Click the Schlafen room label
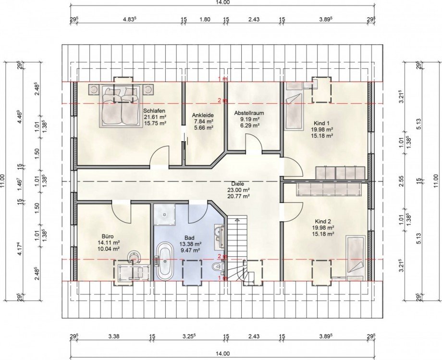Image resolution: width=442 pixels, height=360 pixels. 154,110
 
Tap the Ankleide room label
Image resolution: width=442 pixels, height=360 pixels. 203,115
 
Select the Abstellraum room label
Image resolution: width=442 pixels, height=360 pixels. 249,113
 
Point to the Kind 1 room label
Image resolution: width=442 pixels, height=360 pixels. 321,123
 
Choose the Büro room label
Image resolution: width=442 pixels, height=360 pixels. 108,236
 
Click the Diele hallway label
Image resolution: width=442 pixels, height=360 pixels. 238,184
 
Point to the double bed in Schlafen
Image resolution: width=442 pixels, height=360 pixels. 121,106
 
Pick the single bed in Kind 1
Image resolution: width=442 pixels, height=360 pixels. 294,106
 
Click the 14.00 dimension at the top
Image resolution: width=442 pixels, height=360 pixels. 223,2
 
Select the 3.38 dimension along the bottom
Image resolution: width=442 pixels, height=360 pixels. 114,336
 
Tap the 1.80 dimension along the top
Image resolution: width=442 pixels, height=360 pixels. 205,19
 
